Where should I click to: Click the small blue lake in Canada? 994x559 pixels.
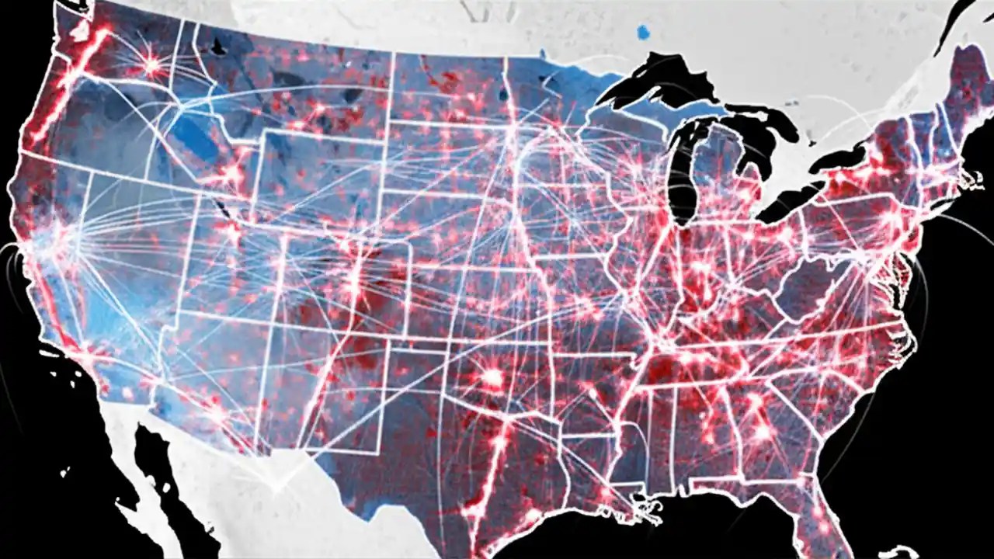[642, 32]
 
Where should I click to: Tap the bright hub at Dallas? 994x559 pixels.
[492, 378]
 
